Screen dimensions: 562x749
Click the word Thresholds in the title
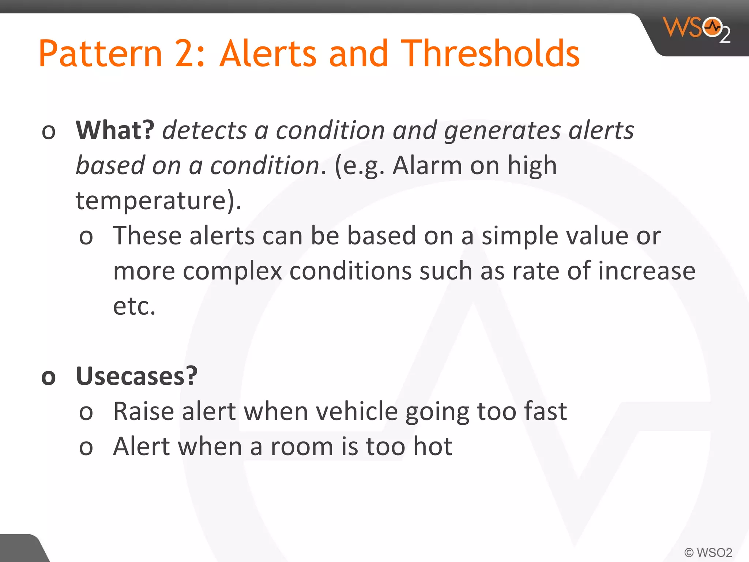pos(490,54)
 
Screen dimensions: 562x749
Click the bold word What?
pos(115,130)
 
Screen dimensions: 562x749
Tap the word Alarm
pos(427,165)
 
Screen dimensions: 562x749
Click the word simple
pos(520,236)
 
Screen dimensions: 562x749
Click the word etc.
pos(134,306)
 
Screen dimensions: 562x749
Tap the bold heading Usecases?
pos(136,376)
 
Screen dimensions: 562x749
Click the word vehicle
pos(357,411)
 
